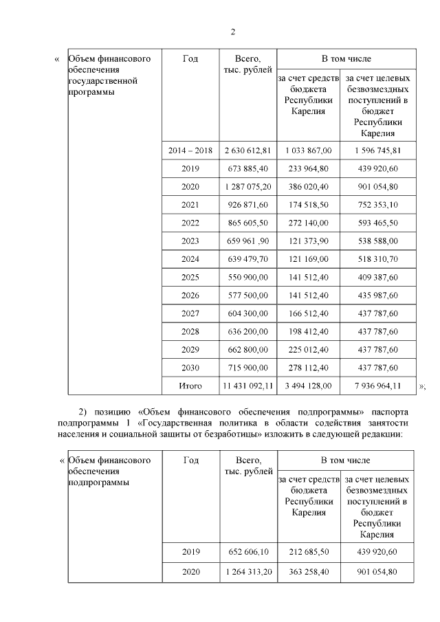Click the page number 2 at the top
pos(233,32)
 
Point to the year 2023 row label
pos(190,241)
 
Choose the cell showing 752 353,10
pos(377,204)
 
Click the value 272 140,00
pos(308,223)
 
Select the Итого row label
pos(190,386)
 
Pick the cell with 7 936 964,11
pos(377,386)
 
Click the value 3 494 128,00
pos(308,386)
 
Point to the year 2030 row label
pos(190,368)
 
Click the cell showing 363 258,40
pos(308,571)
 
